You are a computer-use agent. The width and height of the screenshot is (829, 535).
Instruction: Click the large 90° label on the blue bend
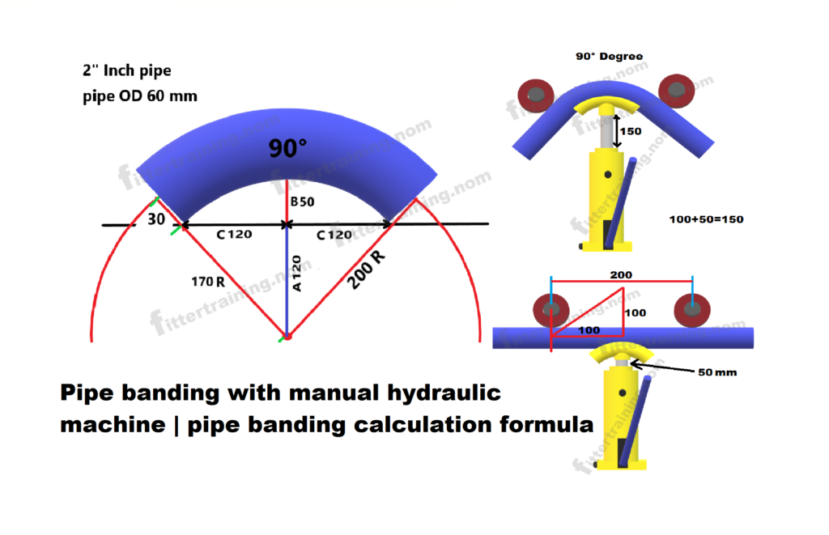pyautogui.click(x=287, y=148)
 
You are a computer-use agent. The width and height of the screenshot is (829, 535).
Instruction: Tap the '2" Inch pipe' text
pyautogui.click(x=127, y=70)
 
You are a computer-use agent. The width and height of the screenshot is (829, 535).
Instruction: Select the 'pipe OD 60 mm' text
pyautogui.click(x=140, y=96)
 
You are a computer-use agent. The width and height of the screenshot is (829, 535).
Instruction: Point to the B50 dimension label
pyautogui.click(x=303, y=202)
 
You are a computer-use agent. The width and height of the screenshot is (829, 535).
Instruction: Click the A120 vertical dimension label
pyautogui.click(x=296, y=274)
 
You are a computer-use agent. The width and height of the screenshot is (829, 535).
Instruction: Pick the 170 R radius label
pyautogui.click(x=208, y=282)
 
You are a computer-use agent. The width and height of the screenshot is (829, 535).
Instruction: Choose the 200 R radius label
pyautogui.click(x=366, y=270)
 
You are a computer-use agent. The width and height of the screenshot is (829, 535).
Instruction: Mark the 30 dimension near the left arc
pyautogui.click(x=156, y=219)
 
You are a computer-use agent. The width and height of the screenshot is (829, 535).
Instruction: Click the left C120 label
pyautogui.click(x=234, y=234)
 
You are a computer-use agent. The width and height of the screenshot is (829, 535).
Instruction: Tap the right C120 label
pyautogui.click(x=334, y=235)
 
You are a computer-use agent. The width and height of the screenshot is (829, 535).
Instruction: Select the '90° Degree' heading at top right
pyautogui.click(x=609, y=56)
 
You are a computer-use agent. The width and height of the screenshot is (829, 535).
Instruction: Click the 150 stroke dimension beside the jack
pyautogui.click(x=631, y=131)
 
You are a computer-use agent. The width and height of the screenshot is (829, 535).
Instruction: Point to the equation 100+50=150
pyautogui.click(x=706, y=219)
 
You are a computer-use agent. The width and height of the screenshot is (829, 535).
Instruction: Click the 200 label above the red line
pyautogui.click(x=621, y=275)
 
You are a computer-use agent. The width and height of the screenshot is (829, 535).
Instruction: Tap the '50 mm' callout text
pyautogui.click(x=717, y=372)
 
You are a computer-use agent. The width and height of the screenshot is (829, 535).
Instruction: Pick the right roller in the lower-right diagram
pyautogui.click(x=692, y=310)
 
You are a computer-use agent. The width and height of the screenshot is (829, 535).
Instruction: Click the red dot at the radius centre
pyautogui.click(x=288, y=336)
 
